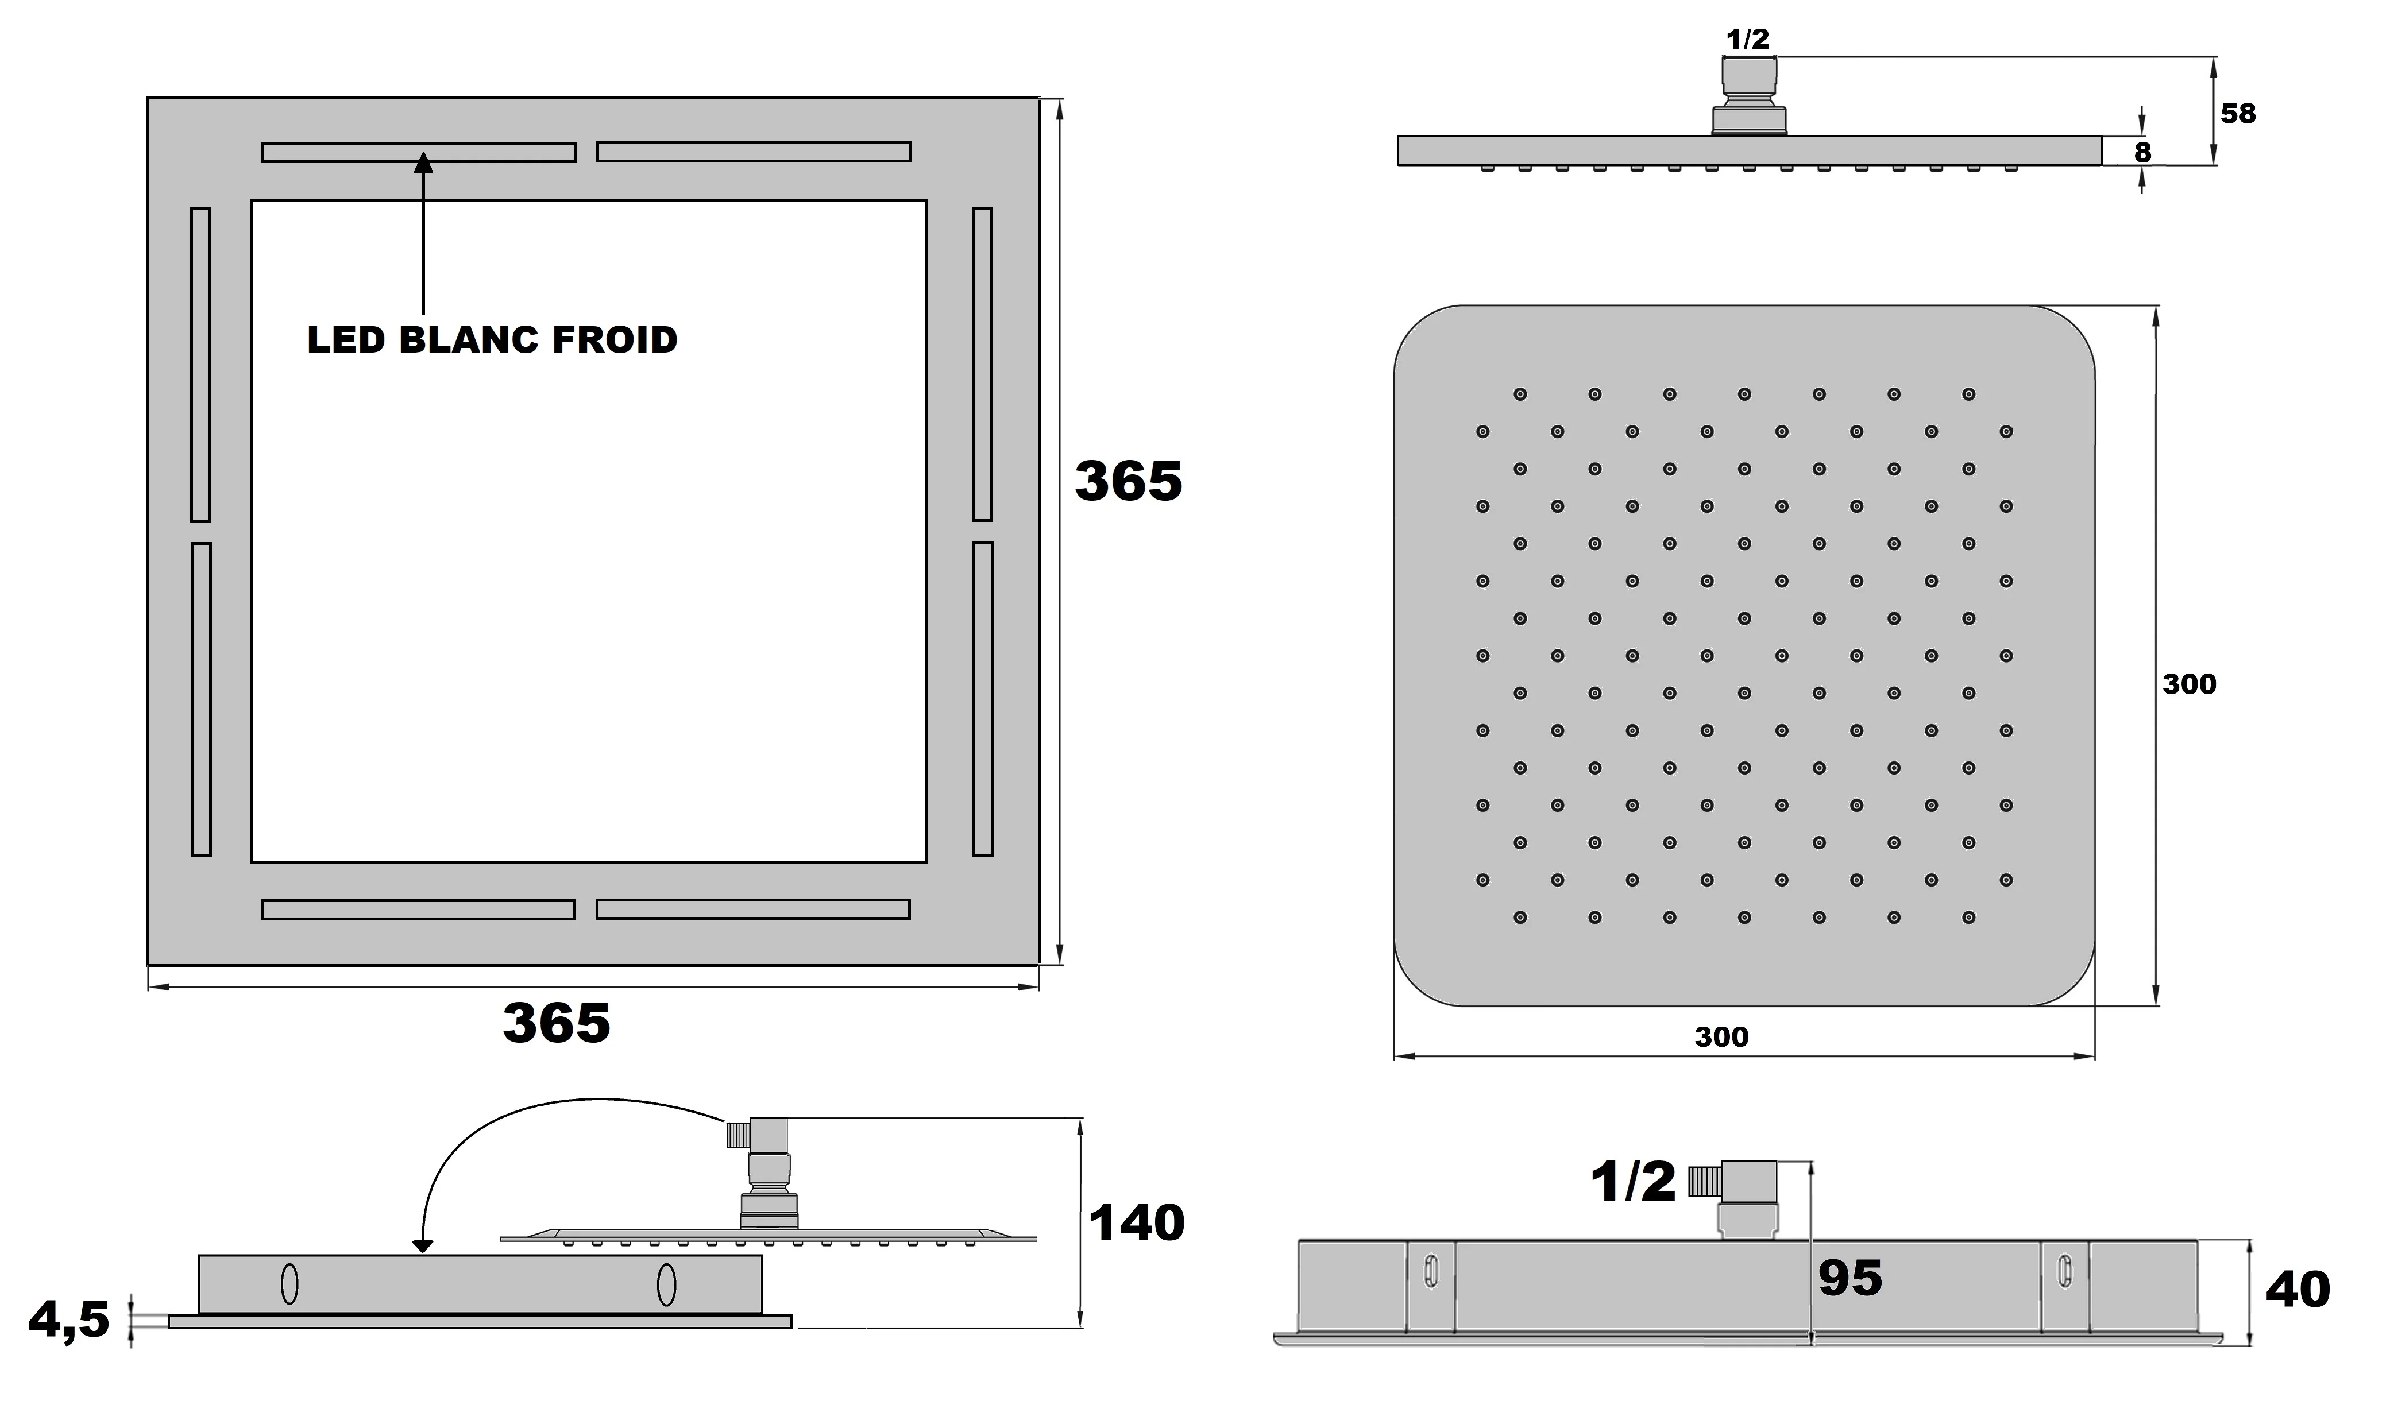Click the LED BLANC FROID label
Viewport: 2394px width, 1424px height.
coord(492,340)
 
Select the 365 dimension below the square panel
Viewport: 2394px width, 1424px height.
coord(556,1023)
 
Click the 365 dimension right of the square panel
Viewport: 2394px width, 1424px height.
coord(1128,481)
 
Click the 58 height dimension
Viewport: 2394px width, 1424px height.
coord(2238,113)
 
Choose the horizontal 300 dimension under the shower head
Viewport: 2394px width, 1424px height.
coord(1721,1036)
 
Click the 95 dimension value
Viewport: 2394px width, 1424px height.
coord(1849,1278)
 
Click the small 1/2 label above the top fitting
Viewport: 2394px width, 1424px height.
coord(1747,40)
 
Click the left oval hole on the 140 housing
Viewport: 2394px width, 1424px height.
coord(289,1284)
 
